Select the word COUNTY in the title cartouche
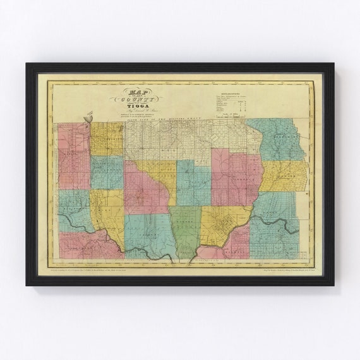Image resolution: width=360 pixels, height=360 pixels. pyautogui.click(x=134, y=99)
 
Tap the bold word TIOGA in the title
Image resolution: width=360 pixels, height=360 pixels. pyautogui.click(x=133, y=107)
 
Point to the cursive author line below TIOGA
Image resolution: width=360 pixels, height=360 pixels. pyautogui.click(x=133, y=113)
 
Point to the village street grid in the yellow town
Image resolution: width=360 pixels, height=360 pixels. pyautogui.click(x=222, y=224)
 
